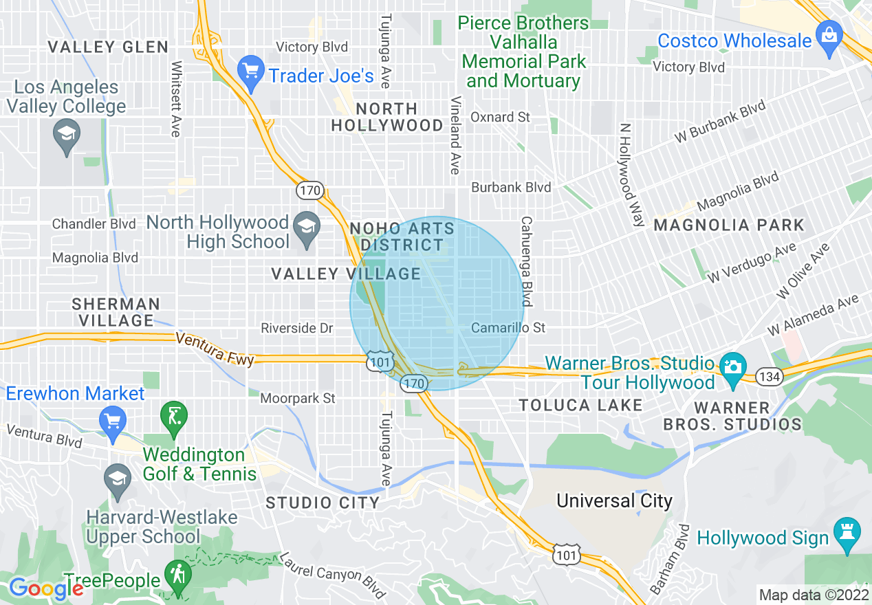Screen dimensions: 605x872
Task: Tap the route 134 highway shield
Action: [767, 376]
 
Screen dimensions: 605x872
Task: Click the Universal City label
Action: [614, 500]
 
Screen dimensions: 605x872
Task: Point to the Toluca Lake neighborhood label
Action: [580, 405]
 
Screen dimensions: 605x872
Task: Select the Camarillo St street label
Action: [508, 328]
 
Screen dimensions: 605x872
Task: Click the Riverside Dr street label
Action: [297, 329]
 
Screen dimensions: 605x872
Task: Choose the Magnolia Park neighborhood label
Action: [728, 225]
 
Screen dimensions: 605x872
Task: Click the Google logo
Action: [46, 588]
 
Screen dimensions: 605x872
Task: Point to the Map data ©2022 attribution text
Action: [812, 594]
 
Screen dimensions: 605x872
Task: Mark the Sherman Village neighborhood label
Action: [116, 312]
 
